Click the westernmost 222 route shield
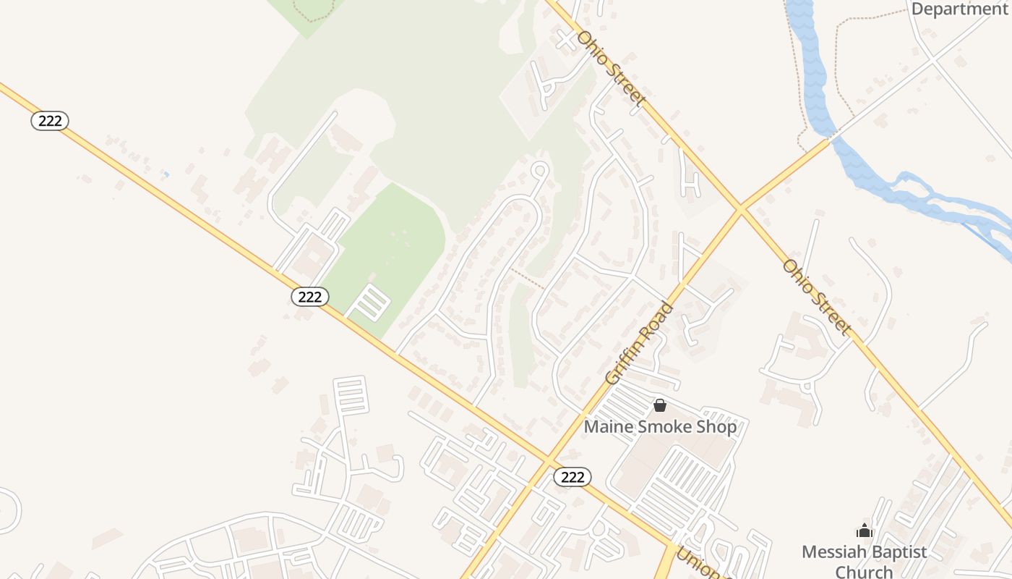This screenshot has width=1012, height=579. tap(50, 121)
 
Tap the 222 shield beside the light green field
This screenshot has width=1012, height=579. tap(310, 296)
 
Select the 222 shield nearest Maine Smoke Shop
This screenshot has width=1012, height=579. tap(573, 476)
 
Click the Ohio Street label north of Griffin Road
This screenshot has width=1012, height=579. tap(610, 68)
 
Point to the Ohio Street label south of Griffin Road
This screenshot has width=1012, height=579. tap(816, 297)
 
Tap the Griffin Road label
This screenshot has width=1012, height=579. tap(639, 342)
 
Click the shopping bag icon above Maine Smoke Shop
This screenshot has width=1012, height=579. tap(659, 406)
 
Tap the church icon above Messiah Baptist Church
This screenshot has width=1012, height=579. tap(864, 531)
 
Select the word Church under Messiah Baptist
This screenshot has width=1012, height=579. tap(864, 572)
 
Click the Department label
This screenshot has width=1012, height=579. tap(959, 9)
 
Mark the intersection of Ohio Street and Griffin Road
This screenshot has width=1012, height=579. tap(740, 209)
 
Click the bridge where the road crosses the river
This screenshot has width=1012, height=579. tap(834, 135)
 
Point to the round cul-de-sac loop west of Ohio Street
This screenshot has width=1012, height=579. tap(539, 170)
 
